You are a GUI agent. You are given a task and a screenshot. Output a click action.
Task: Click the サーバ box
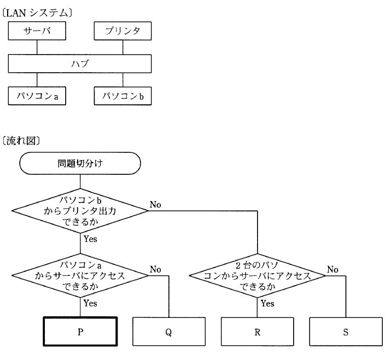coord(37,31)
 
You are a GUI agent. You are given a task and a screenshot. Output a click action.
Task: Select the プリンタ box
coord(122,31)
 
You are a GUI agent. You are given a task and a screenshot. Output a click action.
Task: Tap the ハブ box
coord(80,63)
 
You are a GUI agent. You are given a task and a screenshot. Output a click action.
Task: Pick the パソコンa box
coord(37,96)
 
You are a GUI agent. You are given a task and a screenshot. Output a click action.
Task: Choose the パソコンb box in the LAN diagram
coord(122,96)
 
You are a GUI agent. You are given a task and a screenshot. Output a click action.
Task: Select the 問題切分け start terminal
coord(80,162)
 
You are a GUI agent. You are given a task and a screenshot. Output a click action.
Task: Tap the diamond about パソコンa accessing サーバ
coord(80,275)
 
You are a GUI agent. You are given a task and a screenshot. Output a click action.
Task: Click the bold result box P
coord(80,332)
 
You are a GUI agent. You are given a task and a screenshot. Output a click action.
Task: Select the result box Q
coord(169,332)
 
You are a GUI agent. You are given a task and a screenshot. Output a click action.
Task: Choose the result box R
coord(256,332)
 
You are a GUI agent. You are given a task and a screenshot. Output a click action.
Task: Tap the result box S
coord(346,332)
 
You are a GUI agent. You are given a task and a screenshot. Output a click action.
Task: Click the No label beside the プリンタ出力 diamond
coord(155,204)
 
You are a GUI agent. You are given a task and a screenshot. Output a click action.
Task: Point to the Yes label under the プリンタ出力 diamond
coord(90,238)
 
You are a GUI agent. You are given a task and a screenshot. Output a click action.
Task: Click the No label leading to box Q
coord(155,269)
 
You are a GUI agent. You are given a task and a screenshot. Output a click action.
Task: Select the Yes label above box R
coord(267,303)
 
